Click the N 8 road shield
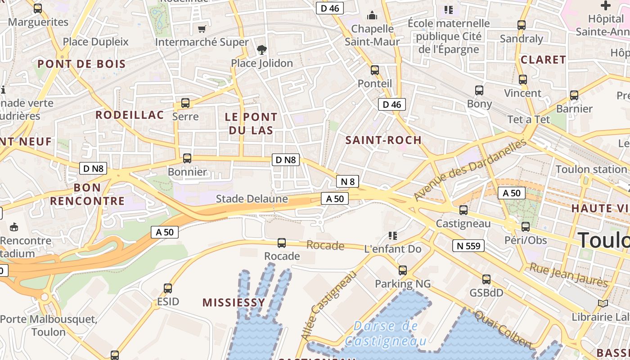[347, 181]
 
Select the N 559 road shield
[468, 246]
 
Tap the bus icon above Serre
[185, 103]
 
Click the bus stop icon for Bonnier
[187, 158]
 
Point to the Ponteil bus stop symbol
[374, 70]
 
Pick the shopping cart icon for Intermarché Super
[202, 29]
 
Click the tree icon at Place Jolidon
[261, 50]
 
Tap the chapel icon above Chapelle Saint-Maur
[372, 16]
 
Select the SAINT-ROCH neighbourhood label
[383, 140]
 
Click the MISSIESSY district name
[234, 302]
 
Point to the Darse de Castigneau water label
[385, 333]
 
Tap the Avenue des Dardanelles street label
[470, 170]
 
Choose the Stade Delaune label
[252, 198]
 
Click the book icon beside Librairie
[603, 304]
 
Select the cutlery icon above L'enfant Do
[392, 236]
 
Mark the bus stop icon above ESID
[168, 288]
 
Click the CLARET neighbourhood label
[543, 60]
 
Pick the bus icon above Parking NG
[403, 270]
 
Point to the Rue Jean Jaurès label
[569, 275]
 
